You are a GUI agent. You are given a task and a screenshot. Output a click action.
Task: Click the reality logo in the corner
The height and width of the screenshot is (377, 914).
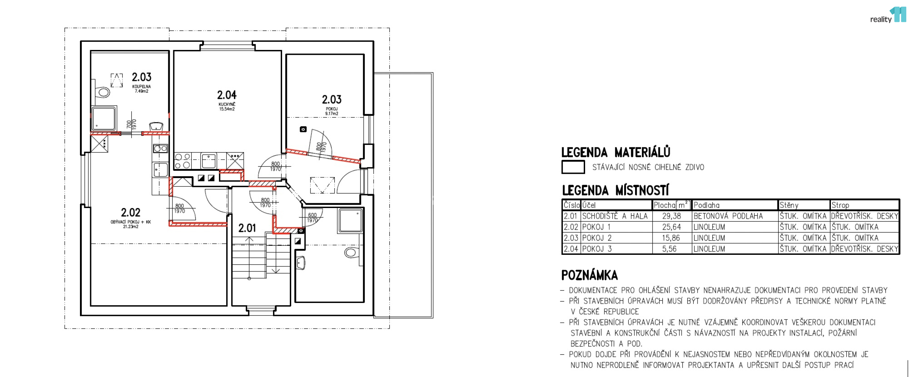(x=888, y=15)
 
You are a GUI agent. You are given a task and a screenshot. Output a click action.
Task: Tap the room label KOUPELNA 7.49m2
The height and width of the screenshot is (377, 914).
(x=141, y=89)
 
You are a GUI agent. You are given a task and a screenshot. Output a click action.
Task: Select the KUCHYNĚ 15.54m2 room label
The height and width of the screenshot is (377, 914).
(x=227, y=106)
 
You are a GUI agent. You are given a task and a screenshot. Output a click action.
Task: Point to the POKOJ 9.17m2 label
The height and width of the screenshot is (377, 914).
(x=332, y=111)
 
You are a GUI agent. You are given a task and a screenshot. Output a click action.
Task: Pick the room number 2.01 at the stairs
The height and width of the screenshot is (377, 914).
(x=247, y=228)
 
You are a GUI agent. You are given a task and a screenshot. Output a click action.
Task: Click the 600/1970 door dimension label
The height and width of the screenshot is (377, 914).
(x=312, y=218)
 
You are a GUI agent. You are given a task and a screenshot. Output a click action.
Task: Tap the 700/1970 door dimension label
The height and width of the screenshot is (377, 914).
(x=131, y=125)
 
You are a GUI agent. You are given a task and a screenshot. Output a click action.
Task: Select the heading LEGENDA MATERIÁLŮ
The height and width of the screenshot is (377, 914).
(x=616, y=152)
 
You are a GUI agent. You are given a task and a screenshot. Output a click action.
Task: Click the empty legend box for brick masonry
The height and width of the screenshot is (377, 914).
(x=573, y=167)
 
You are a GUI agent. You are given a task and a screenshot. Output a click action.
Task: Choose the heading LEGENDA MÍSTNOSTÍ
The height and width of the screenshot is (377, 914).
(x=615, y=191)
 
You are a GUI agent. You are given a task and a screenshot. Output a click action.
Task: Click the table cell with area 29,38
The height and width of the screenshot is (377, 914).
(x=671, y=216)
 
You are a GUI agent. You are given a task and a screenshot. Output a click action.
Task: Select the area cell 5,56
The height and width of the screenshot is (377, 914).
(x=669, y=249)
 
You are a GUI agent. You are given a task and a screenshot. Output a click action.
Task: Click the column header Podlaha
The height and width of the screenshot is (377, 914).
(x=706, y=205)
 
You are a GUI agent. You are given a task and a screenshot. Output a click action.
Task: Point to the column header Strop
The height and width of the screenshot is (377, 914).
(x=840, y=205)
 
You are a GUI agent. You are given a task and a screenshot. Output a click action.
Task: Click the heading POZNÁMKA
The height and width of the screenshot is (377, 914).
(x=589, y=275)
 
